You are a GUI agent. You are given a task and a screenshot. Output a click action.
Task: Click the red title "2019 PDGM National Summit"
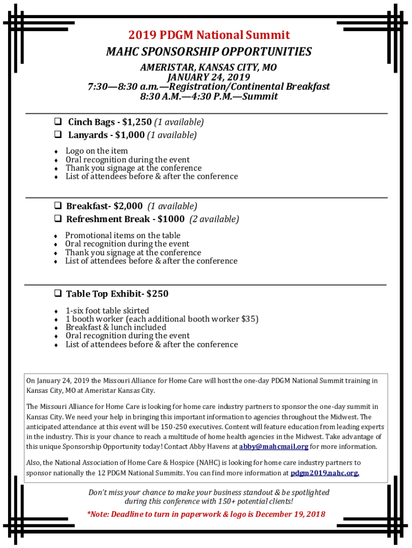209,35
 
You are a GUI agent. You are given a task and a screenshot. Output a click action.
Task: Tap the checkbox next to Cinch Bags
58,122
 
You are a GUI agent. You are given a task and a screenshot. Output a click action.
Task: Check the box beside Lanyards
58,135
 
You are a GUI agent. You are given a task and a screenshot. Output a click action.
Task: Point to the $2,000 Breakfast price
128,206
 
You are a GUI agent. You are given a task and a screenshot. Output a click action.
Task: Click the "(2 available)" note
214,219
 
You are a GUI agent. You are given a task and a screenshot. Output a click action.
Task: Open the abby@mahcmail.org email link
273,446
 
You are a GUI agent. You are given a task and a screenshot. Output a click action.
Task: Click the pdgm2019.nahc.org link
325,473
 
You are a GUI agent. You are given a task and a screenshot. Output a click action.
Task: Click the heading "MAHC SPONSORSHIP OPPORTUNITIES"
209,52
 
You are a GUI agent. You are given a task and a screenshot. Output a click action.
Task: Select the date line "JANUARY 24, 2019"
209,77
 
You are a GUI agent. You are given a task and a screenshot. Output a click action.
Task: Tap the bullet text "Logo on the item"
97,151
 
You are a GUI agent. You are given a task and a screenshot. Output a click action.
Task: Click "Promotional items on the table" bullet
123,235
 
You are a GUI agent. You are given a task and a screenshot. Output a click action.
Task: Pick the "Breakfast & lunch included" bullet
116,328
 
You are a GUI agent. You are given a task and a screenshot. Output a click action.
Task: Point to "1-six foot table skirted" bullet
107,310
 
